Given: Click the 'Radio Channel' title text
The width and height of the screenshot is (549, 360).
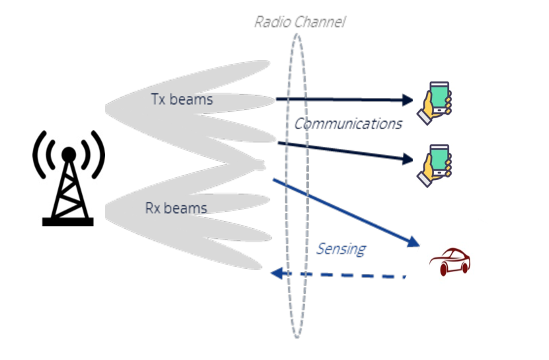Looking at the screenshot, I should [x=300, y=22].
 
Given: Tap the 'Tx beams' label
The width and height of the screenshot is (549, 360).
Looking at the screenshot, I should [x=182, y=100].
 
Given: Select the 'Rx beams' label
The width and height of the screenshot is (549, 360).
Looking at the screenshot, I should [x=176, y=208].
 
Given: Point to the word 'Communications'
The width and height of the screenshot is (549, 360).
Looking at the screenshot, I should [x=349, y=124].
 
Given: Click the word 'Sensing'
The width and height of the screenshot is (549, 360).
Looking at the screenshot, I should [x=341, y=249].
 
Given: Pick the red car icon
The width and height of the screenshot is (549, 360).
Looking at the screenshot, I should [x=450, y=262].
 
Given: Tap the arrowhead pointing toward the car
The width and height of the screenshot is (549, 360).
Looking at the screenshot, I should [x=414, y=243].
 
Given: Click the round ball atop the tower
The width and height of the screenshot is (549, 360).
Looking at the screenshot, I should [x=68, y=154].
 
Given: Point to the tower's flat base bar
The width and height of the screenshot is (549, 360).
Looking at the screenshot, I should [x=68, y=222].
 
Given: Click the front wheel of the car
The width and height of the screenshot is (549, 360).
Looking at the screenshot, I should [x=464, y=267].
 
